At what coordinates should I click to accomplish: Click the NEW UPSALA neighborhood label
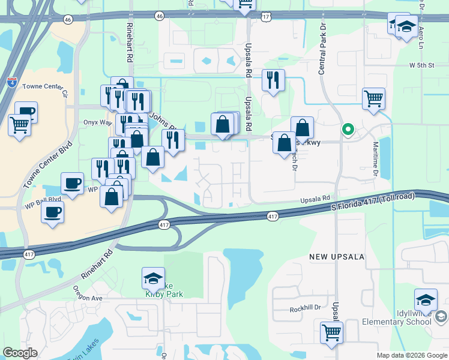337,257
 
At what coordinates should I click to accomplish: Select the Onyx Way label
98,122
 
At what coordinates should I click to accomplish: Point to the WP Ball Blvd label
43,199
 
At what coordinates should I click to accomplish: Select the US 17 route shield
266,17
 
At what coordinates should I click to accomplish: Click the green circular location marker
347,128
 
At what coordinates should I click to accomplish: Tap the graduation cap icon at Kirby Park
153,278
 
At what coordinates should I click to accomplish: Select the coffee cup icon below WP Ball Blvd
52,211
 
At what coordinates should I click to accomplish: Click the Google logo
20,353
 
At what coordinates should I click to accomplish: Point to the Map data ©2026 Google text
412,355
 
